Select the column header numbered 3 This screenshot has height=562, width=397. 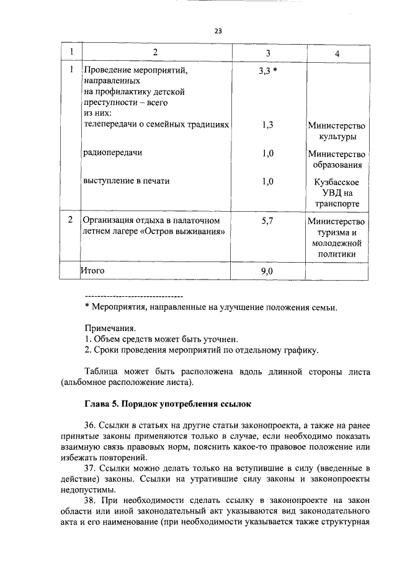point(267,54)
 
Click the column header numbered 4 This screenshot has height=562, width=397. point(337,54)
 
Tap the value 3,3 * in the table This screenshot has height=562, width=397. point(267,71)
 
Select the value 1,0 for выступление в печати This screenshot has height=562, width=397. point(268,181)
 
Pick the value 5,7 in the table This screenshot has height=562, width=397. point(268,220)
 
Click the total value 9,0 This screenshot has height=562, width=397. point(268,271)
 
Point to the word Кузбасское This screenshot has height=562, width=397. point(337,181)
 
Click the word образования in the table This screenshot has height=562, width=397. point(337,165)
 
